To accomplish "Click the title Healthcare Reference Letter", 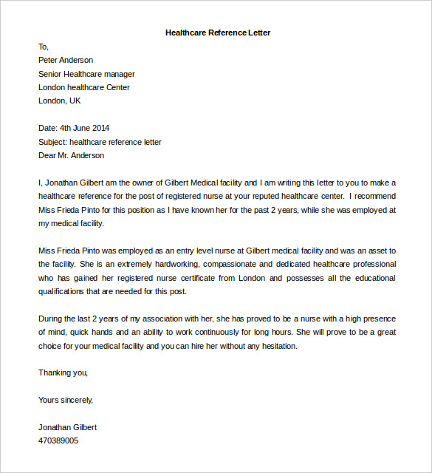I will tap(218, 33).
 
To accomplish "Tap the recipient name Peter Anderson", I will tap(66, 60).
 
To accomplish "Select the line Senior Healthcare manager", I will tap(86, 74).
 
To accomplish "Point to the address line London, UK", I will tap(60, 101).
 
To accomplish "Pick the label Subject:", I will tap(52, 142).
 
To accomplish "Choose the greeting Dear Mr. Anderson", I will tap(71, 155).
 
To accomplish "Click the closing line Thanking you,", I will tap(63, 372).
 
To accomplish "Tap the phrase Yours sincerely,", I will tap(66, 400).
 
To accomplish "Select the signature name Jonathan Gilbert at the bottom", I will tap(67, 427).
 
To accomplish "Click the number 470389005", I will tap(58, 440).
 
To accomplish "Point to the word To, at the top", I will tap(44, 47).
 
